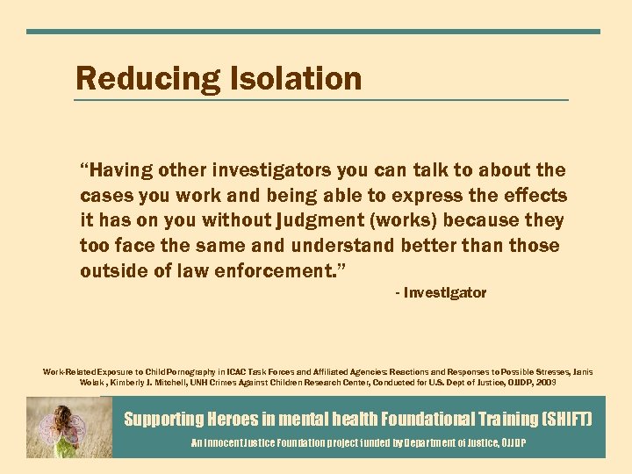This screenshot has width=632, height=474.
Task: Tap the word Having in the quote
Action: click(119, 169)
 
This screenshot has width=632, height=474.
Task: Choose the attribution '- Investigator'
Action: click(441, 293)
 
